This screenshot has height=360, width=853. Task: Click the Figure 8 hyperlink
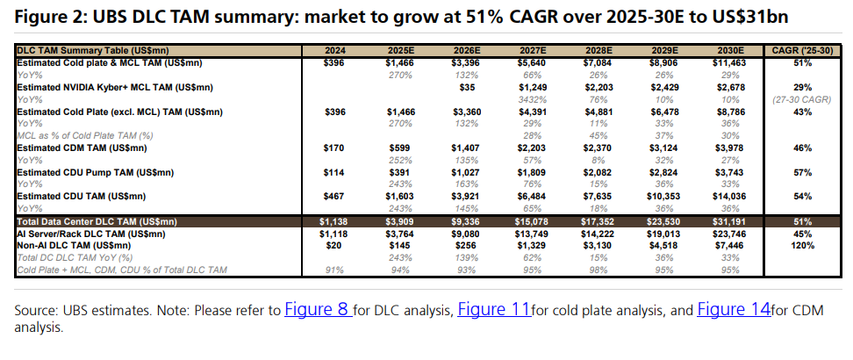pos(317,310)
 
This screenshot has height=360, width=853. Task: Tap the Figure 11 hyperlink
pos(494,310)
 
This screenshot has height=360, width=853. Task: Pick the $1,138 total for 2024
pos(335,222)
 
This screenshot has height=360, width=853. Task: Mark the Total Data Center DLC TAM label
pos(97,222)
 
